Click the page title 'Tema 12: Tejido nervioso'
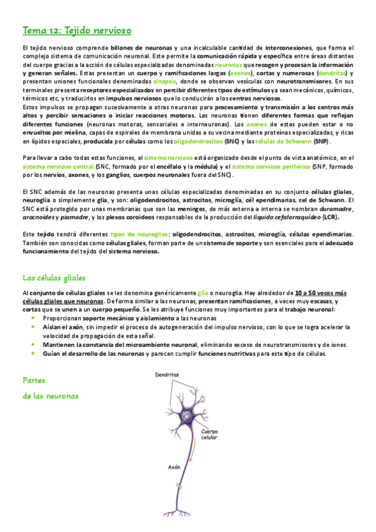click(x=77, y=30)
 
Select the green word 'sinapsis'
click(x=164, y=81)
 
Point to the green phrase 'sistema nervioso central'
click(x=58, y=167)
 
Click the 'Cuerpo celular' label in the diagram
click(x=210, y=434)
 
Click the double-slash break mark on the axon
click(x=181, y=487)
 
